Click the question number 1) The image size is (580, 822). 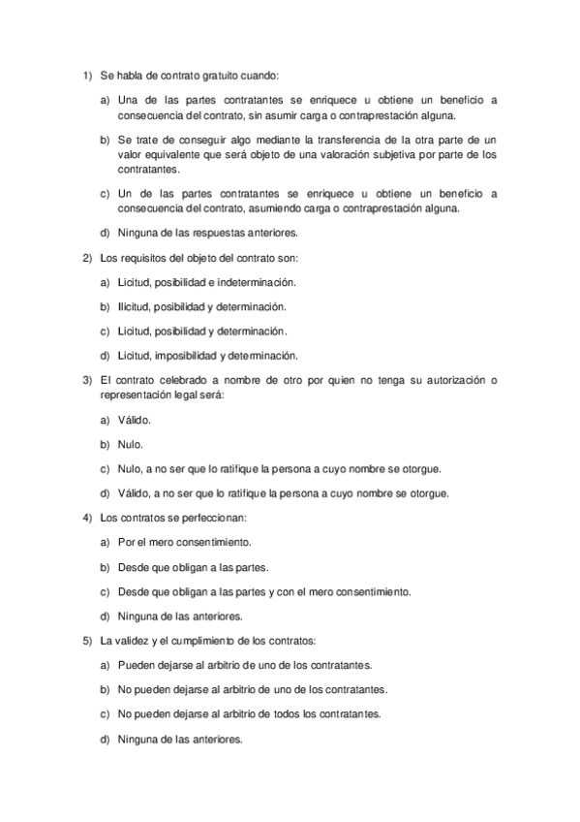tap(85, 75)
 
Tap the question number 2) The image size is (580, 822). tap(85, 257)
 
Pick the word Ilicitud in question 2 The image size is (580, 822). tap(135, 306)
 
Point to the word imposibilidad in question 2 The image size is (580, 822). tap(184, 355)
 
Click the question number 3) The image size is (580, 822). tap(85, 380)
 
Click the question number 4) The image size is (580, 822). tap(85, 518)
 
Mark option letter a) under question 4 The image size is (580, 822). tap(104, 543)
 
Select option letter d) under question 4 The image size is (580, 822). tap(104, 616)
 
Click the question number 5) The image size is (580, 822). tap(85, 641)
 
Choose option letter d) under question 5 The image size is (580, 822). tap(104, 739)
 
